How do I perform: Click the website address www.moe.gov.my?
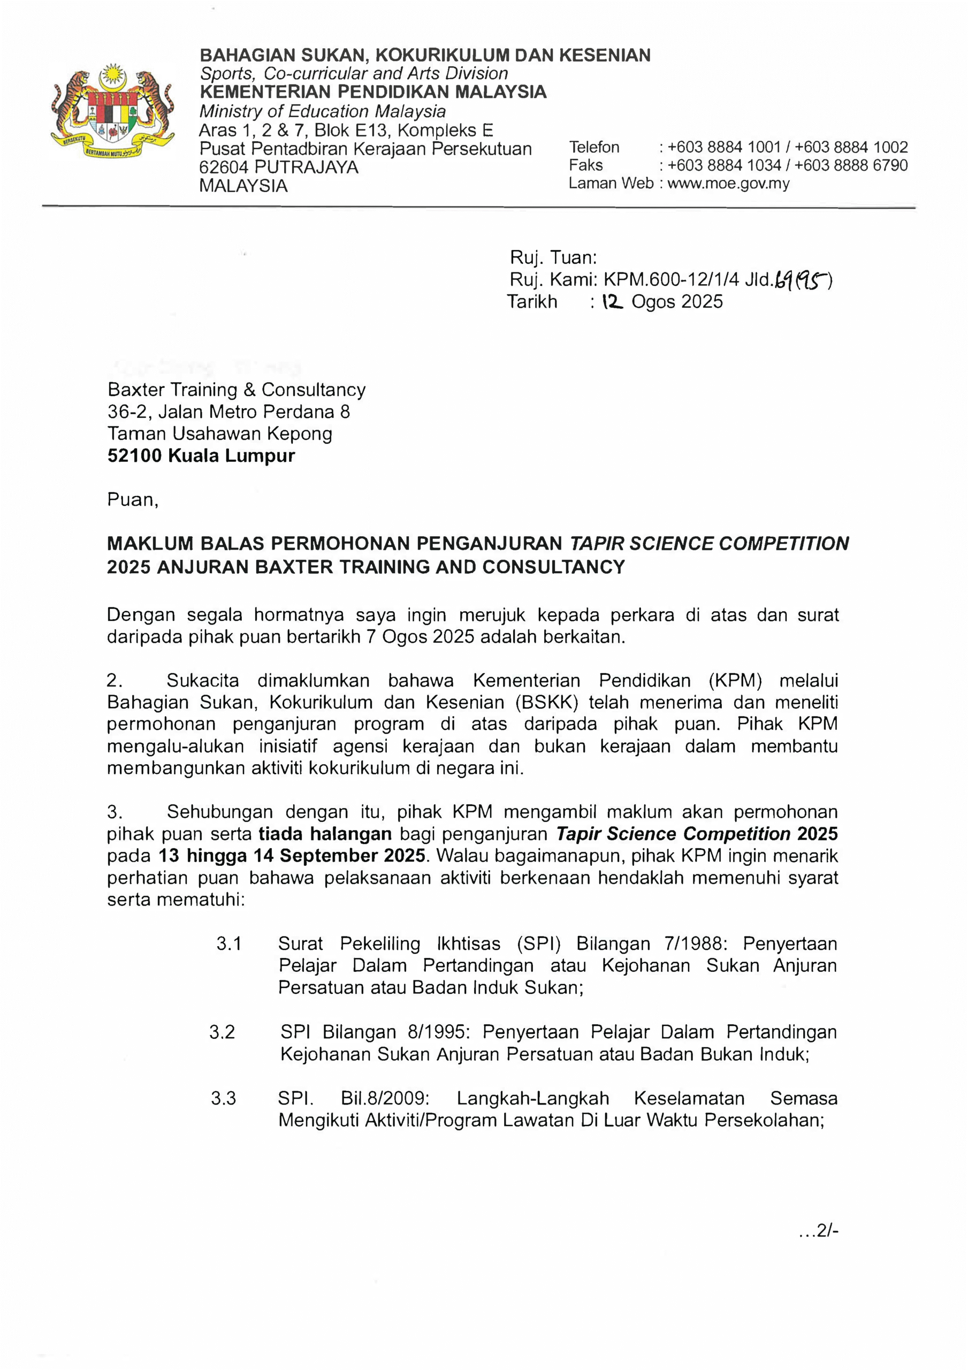coord(728,183)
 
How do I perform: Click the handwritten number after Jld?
coord(802,279)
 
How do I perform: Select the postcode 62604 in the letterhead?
coord(224,167)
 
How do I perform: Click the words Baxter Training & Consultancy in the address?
coord(237,390)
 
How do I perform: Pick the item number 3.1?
coord(228,943)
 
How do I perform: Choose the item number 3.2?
coord(222,1032)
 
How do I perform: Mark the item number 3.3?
coord(223,1098)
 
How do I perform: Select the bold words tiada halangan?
coord(325,834)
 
